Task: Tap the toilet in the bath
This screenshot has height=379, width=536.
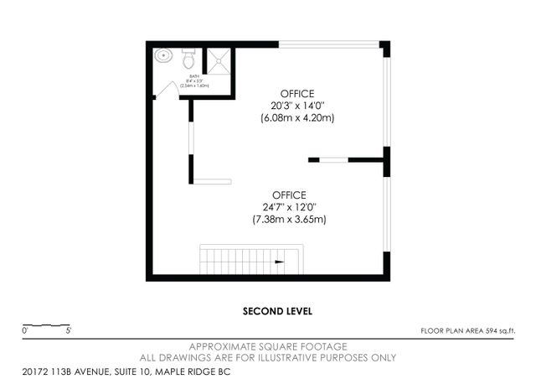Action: pos(188,60)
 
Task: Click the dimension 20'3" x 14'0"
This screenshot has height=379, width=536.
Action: pos(296,105)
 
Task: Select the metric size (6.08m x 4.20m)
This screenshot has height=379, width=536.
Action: pos(296,118)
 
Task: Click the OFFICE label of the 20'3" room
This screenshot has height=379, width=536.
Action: pos(296,91)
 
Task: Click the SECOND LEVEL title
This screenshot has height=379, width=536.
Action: pos(277,311)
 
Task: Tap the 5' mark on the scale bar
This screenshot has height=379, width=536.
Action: pos(68,332)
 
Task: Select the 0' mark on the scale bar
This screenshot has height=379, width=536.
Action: pos(24,332)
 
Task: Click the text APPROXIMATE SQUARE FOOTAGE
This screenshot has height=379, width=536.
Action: pos(268,346)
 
